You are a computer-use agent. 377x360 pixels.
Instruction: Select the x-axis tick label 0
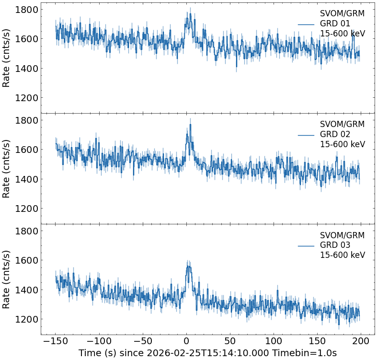click(186, 341)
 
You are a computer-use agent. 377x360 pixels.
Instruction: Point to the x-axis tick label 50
click(230, 341)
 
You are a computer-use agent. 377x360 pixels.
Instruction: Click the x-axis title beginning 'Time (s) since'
click(207, 353)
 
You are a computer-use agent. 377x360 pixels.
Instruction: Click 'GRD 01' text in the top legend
click(335, 23)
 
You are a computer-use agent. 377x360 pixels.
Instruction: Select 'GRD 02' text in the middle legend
click(335, 134)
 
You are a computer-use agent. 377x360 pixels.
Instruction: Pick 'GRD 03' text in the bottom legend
click(335, 245)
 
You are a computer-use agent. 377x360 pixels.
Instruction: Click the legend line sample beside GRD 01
click(306, 24)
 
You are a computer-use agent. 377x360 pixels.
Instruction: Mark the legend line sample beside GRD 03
click(306, 245)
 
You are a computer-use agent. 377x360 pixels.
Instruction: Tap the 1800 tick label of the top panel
click(27, 10)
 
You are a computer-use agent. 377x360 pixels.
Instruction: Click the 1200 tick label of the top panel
click(27, 98)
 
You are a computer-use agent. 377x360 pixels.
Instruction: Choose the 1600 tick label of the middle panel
click(27, 150)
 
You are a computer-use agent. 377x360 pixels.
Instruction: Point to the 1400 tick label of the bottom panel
click(27, 290)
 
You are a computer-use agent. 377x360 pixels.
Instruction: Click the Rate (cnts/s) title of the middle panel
click(6, 168)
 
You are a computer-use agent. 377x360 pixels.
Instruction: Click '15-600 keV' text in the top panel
click(343, 34)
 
